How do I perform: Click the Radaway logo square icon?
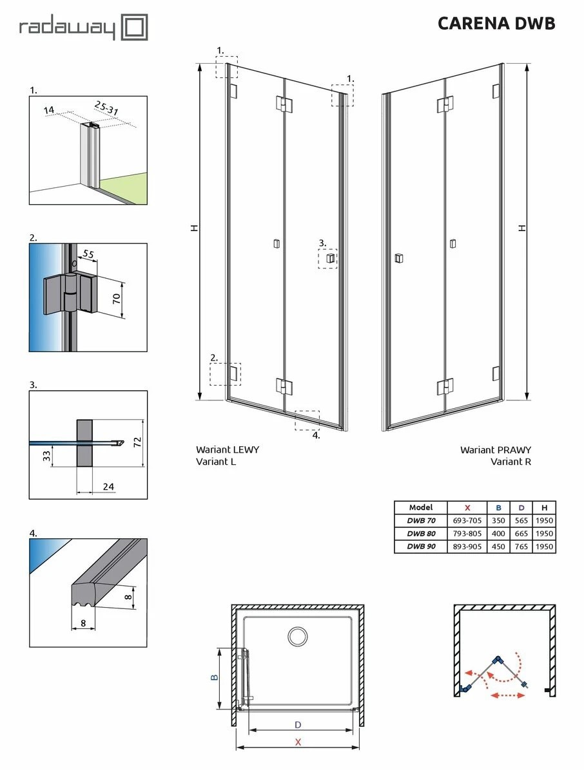135,28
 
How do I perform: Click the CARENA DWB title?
496,23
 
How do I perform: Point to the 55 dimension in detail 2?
88,254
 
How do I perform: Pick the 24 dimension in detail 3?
108,486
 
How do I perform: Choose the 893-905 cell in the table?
468,547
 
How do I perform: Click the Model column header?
421,507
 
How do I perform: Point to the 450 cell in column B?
498,547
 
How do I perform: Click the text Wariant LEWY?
227,450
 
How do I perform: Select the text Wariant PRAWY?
495,450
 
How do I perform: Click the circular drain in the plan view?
298,637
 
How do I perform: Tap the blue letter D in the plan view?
297,725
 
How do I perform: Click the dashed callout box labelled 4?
307,420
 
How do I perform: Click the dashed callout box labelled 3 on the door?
328,259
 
